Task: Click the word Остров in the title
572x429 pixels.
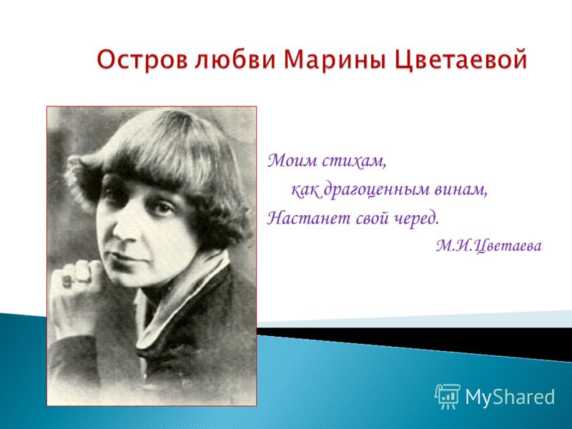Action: click(142, 59)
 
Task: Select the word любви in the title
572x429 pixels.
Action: click(235, 59)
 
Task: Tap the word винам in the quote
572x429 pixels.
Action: click(460, 189)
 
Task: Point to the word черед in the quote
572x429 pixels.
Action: click(417, 219)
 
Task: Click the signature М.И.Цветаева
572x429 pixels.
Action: click(489, 246)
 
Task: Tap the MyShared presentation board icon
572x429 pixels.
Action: click(448, 396)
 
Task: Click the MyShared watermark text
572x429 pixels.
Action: click(510, 396)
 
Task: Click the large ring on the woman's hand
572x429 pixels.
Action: click(82, 272)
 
